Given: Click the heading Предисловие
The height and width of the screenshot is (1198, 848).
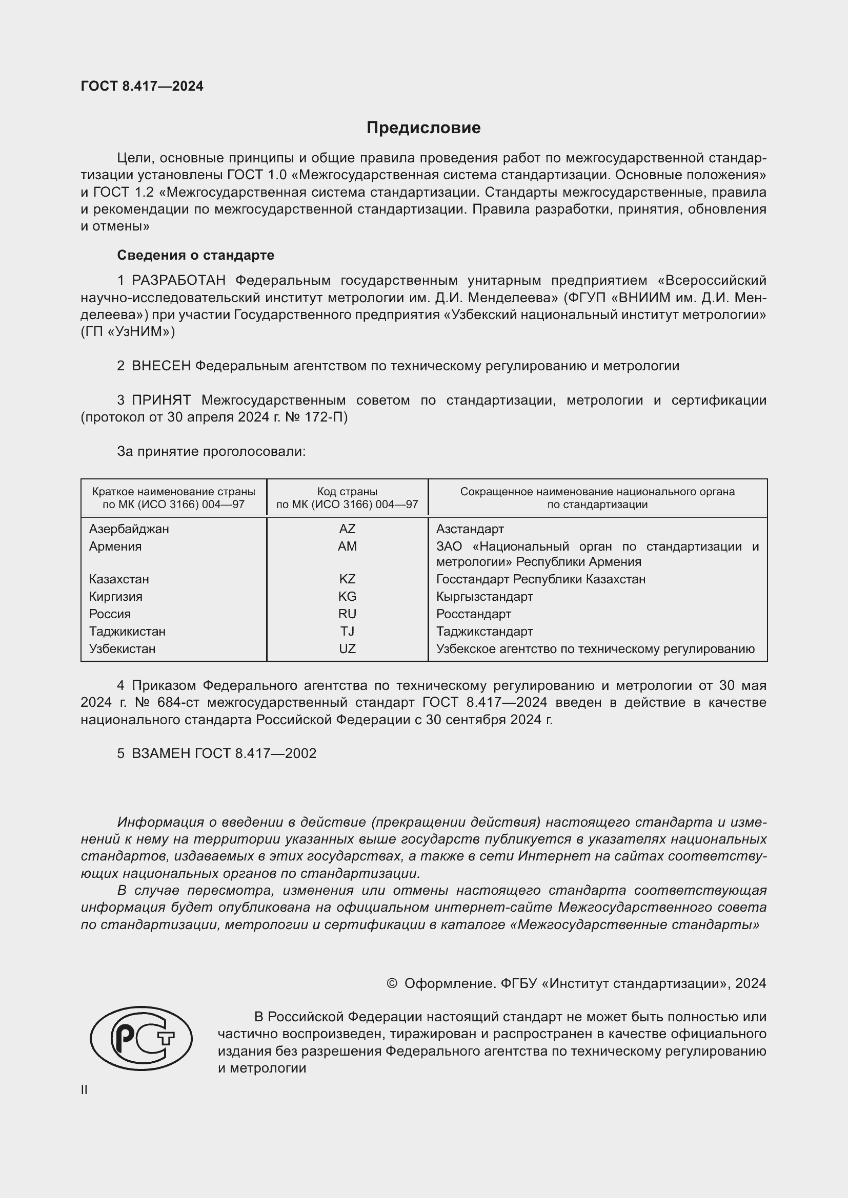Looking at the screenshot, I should click(423, 128).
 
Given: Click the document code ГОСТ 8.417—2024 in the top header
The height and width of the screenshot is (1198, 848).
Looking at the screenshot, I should click(142, 86).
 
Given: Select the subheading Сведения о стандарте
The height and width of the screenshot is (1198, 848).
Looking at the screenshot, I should click(195, 255).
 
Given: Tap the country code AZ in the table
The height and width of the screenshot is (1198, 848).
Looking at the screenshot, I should click(347, 529).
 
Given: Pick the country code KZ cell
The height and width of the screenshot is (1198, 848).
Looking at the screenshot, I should click(347, 579).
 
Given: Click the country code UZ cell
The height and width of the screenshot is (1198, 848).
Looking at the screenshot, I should click(347, 648).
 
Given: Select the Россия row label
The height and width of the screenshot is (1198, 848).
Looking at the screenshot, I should click(110, 614).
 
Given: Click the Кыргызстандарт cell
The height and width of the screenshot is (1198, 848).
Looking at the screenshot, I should click(484, 596).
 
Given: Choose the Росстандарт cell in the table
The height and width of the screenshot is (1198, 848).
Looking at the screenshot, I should click(474, 614).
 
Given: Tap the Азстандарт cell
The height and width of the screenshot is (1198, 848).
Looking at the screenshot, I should click(470, 529).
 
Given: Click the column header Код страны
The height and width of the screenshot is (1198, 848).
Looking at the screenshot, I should click(347, 492).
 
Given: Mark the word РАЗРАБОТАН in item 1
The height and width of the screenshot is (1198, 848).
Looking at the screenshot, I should click(178, 281).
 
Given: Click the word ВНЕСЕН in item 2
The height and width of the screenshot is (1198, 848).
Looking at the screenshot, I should click(161, 366).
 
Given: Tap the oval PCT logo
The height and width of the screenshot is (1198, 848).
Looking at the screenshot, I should click(142, 1038).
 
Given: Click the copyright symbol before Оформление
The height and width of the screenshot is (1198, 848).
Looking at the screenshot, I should click(392, 983).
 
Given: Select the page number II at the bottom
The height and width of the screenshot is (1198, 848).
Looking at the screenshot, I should click(84, 1089).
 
